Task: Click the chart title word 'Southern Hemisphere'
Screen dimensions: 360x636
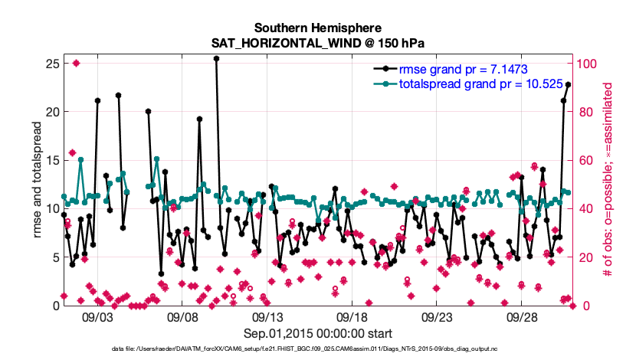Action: coord(318,27)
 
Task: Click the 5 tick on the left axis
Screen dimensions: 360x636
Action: coord(55,257)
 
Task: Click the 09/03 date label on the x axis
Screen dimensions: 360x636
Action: coord(98,316)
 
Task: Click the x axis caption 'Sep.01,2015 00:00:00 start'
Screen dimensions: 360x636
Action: coord(318,333)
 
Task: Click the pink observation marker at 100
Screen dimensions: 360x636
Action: coord(77,63)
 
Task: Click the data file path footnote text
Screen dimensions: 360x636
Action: coord(318,349)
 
